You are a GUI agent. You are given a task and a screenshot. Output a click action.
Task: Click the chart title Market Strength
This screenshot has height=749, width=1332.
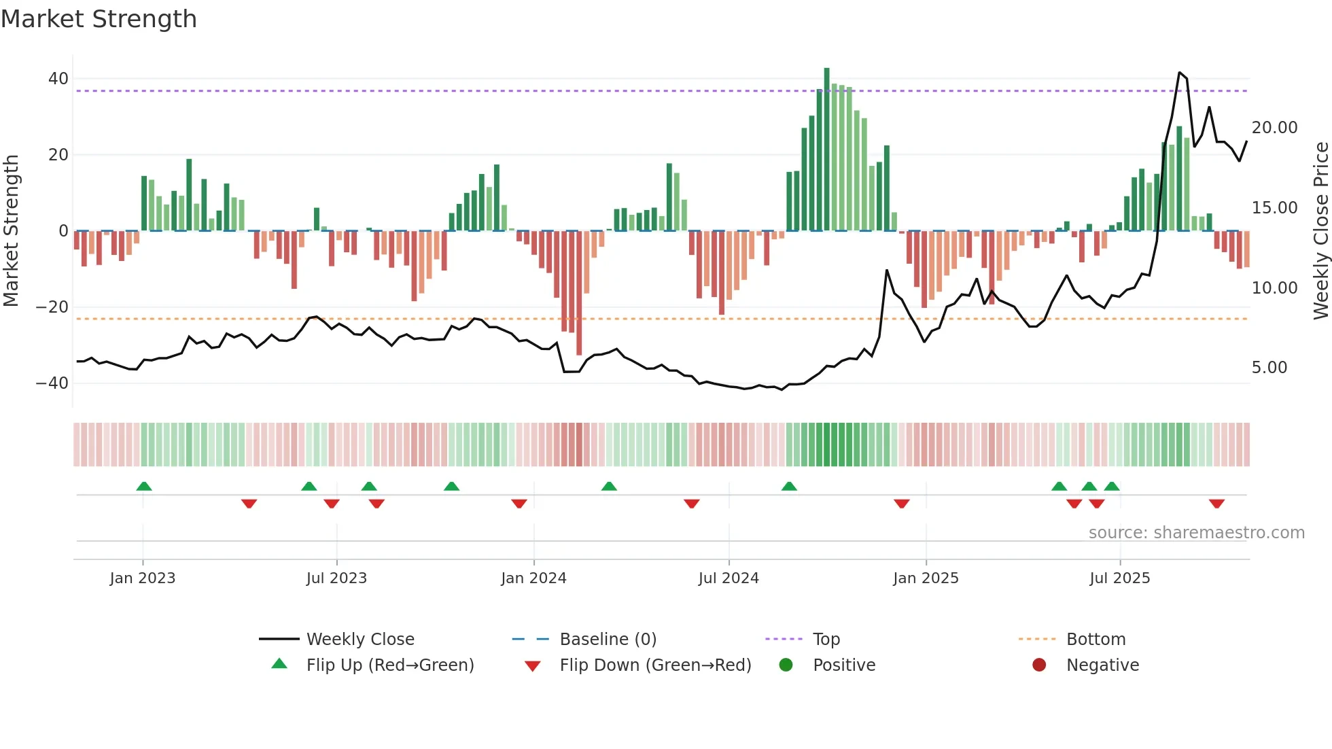pyautogui.click(x=99, y=19)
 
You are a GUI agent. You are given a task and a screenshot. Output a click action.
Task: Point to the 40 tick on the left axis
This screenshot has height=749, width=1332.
pyautogui.click(x=58, y=79)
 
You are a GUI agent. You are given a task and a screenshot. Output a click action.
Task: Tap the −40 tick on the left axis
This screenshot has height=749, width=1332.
pyautogui.click(x=53, y=383)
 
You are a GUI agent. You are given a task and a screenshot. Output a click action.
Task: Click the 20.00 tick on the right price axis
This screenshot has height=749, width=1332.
pyautogui.click(x=1274, y=128)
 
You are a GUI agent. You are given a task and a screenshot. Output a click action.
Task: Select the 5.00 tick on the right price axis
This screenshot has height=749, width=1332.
pyautogui.click(x=1269, y=368)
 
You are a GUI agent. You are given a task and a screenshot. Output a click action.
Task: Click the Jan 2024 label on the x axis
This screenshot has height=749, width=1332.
pyautogui.click(x=533, y=578)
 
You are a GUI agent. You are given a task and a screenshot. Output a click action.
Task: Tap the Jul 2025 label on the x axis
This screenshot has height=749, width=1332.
pyautogui.click(x=1119, y=578)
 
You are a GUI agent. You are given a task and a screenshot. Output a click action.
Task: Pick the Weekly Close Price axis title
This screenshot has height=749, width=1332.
pyautogui.click(x=1320, y=231)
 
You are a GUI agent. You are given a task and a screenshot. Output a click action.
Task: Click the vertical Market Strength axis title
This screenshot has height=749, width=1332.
pyautogui.click(x=12, y=231)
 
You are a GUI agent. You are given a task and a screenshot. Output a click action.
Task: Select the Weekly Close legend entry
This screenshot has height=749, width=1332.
pyautogui.click(x=360, y=640)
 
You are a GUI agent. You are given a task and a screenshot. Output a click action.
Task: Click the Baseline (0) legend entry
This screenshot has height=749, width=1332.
pyautogui.click(x=608, y=640)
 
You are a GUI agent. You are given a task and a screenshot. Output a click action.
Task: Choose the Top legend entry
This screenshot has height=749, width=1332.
pyautogui.click(x=826, y=640)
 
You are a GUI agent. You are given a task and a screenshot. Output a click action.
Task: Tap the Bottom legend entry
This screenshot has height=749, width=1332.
pyautogui.click(x=1096, y=640)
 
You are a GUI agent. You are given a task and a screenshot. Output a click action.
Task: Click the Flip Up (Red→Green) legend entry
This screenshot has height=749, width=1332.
pyautogui.click(x=389, y=665)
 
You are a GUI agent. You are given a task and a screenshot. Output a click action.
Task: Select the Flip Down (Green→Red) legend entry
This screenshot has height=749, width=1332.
pyautogui.click(x=655, y=665)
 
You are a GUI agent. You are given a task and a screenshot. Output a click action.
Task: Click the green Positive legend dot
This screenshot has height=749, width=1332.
pyautogui.click(x=786, y=665)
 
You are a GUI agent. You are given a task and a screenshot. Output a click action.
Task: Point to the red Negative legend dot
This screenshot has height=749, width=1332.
pyautogui.click(x=1039, y=665)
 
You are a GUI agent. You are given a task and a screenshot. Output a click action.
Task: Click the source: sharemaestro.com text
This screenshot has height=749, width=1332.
pyautogui.click(x=1196, y=533)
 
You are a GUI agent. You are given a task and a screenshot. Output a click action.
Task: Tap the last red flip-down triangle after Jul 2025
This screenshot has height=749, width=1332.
pyautogui.click(x=1216, y=504)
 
